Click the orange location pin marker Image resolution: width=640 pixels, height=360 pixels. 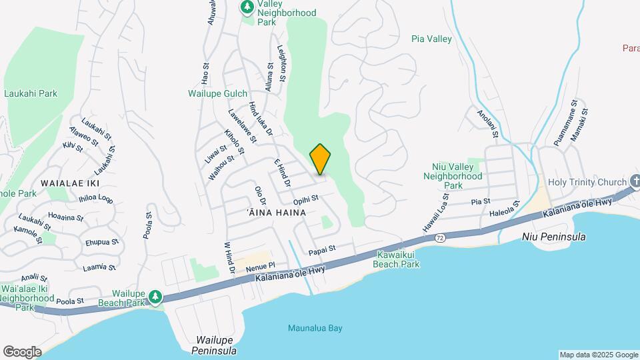point(321,159)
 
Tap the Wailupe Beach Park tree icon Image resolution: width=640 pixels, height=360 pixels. point(155,296)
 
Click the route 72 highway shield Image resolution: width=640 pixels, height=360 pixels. point(439,237)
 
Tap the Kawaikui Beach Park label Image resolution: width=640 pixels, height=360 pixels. point(398,259)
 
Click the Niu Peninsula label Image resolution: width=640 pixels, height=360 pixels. point(554,237)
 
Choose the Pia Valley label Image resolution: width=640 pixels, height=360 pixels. point(431,39)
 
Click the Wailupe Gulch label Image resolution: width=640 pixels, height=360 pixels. point(217,94)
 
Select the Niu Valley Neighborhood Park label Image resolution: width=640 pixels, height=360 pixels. point(453,177)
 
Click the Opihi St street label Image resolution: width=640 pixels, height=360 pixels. point(306,199)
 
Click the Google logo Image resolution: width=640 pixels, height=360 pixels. point(23,352)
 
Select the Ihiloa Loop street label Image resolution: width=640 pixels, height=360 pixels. point(96,198)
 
